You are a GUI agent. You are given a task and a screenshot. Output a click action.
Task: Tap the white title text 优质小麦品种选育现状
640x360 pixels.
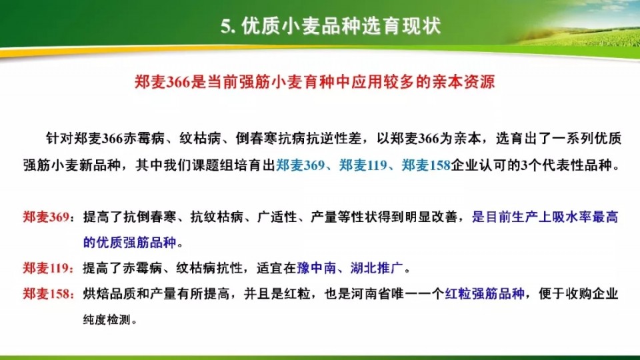pos(341,26)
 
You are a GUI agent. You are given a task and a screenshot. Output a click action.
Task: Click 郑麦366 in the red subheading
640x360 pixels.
pos(163,81)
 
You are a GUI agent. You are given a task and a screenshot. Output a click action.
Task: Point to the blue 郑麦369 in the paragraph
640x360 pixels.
pos(300,165)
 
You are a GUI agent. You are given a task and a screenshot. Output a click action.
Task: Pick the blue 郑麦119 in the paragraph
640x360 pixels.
pos(363,165)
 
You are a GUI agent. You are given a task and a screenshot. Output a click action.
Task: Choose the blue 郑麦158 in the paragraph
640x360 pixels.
pos(426,165)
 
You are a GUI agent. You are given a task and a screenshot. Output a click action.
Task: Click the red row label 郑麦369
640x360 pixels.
pos(46,217)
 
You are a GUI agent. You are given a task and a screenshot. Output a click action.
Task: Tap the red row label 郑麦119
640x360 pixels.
pos(46,268)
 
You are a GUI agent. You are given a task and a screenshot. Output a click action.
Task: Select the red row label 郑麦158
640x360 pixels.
pos(46,293)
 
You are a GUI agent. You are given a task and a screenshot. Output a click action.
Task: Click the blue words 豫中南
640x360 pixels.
pos(316,268)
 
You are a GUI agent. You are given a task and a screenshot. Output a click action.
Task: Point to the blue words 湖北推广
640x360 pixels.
pos(376,268)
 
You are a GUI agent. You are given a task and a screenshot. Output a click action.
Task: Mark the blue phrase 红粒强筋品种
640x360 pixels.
pos(485,293)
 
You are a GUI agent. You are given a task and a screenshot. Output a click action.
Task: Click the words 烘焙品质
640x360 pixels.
pos(109,293)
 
